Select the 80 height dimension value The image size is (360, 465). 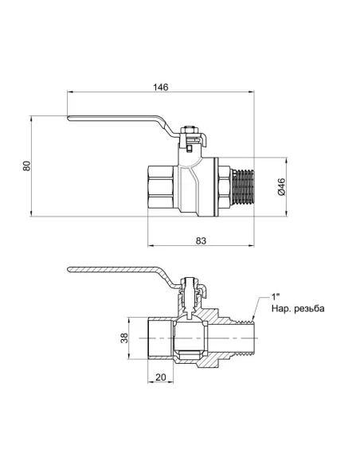point(27,166)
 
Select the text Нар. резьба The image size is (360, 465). point(298,309)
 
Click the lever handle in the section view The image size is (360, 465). point(119,275)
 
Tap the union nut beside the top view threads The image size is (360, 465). point(221,186)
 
